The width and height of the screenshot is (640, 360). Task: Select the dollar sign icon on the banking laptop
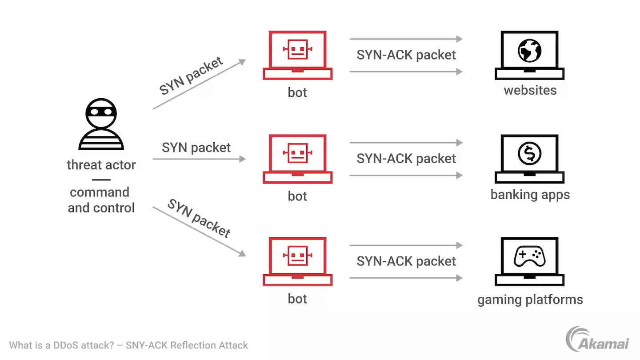pyautogui.click(x=529, y=153)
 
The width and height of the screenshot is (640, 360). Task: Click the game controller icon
pyautogui.click(x=529, y=256)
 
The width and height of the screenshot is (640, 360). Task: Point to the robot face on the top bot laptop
pyautogui.click(x=297, y=49)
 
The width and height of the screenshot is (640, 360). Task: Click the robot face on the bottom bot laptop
pyautogui.click(x=297, y=255)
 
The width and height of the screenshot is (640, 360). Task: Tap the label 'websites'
pyautogui.click(x=530, y=90)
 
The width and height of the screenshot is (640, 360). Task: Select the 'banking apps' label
pyautogui.click(x=530, y=194)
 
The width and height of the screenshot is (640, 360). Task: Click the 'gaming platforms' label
pyautogui.click(x=530, y=299)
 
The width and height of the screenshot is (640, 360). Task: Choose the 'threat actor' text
pyautogui.click(x=101, y=165)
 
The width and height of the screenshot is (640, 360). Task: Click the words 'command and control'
pyautogui.click(x=101, y=200)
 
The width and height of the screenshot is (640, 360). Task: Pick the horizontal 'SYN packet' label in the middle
pyautogui.click(x=196, y=148)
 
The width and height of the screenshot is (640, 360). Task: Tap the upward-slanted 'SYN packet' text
pyautogui.click(x=191, y=76)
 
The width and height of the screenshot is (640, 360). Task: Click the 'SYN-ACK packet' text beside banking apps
pyautogui.click(x=406, y=159)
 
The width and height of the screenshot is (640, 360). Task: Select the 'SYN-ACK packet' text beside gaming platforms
pyautogui.click(x=406, y=261)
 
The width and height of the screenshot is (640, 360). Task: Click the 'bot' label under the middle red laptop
pyautogui.click(x=297, y=196)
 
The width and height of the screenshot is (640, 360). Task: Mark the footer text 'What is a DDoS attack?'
pyautogui.click(x=62, y=345)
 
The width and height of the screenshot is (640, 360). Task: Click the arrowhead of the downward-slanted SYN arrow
pyautogui.click(x=243, y=254)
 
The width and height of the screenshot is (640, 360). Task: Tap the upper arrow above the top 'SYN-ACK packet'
pyautogui.click(x=406, y=39)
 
